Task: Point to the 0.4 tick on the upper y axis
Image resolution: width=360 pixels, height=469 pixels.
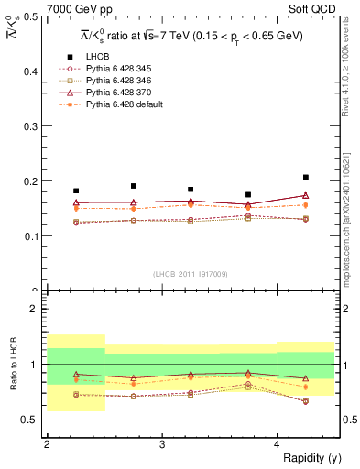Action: click(x=33, y=71)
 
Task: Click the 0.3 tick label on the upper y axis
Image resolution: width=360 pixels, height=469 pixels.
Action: click(x=33, y=126)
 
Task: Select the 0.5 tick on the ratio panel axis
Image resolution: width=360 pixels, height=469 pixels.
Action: click(x=33, y=420)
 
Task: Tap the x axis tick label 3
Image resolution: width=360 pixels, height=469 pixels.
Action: click(x=162, y=444)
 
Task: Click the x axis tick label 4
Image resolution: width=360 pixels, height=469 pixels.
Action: click(x=278, y=444)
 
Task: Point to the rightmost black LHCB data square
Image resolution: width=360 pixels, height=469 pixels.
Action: click(x=306, y=177)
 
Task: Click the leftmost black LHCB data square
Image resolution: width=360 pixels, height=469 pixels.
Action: click(x=76, y=191)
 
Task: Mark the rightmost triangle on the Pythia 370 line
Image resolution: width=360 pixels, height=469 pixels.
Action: click(x=306, y=195)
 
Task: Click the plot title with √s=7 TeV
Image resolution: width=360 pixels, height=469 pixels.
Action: click(x=192, y=35)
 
